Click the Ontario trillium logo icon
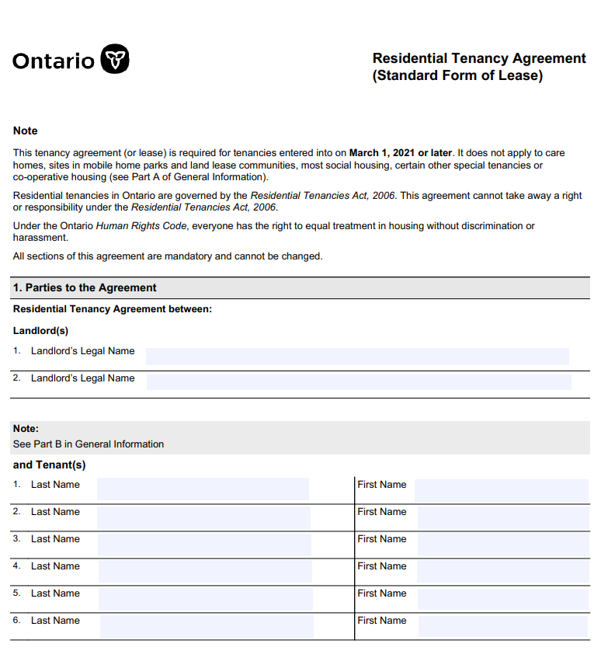116,59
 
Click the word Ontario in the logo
54,61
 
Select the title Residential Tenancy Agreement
478,58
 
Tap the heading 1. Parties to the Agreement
85,287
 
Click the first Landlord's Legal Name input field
357,357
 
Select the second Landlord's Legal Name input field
358,381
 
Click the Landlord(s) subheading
40,330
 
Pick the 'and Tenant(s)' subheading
50,465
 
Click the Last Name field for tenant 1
203,489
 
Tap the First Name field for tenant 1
501,490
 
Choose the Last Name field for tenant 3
204,544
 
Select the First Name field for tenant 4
502,571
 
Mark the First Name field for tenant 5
502,598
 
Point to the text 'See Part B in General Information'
89,444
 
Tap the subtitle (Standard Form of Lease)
457,75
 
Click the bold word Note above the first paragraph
26,131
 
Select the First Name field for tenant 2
502,517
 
